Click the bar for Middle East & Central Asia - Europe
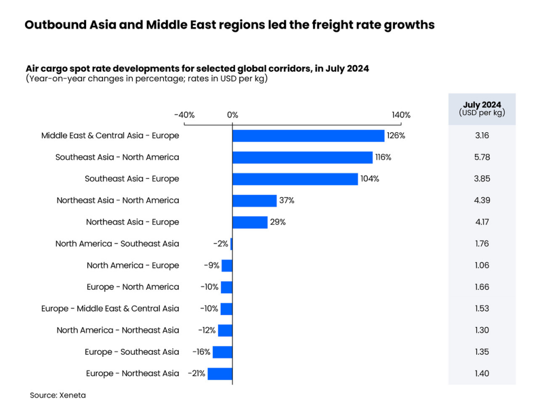coord(308,136)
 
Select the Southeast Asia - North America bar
coord(302,157)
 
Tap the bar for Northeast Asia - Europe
coord(250,222)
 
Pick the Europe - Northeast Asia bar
coord(220,374)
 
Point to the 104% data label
coord(369,179)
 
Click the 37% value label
coord(287,200)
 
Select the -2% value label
coord(220,244)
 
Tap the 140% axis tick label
coord(401,115)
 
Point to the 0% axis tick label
coord(232,115)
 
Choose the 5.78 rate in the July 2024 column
coord(482,157)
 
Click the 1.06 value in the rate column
coord(482,266)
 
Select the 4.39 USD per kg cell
coord(482,200)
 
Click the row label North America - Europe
coord(133,266)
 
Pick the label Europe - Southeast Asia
coord(132,352)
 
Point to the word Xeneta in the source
coord(71,395)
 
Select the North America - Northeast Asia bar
coord(225,331)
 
